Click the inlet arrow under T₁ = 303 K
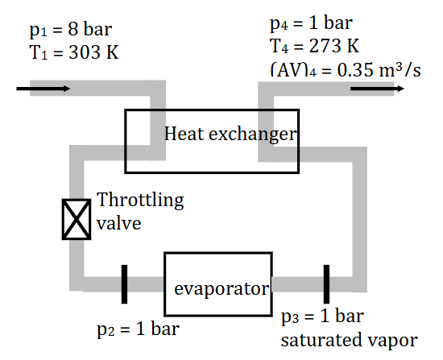point(43,87)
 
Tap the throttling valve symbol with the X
point(77,219)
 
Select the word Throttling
point(140,199)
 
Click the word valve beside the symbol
point(119,222)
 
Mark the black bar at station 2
point(125,284)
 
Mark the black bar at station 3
point(327,284)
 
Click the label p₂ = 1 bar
point(138,329)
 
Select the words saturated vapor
point(350,340)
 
